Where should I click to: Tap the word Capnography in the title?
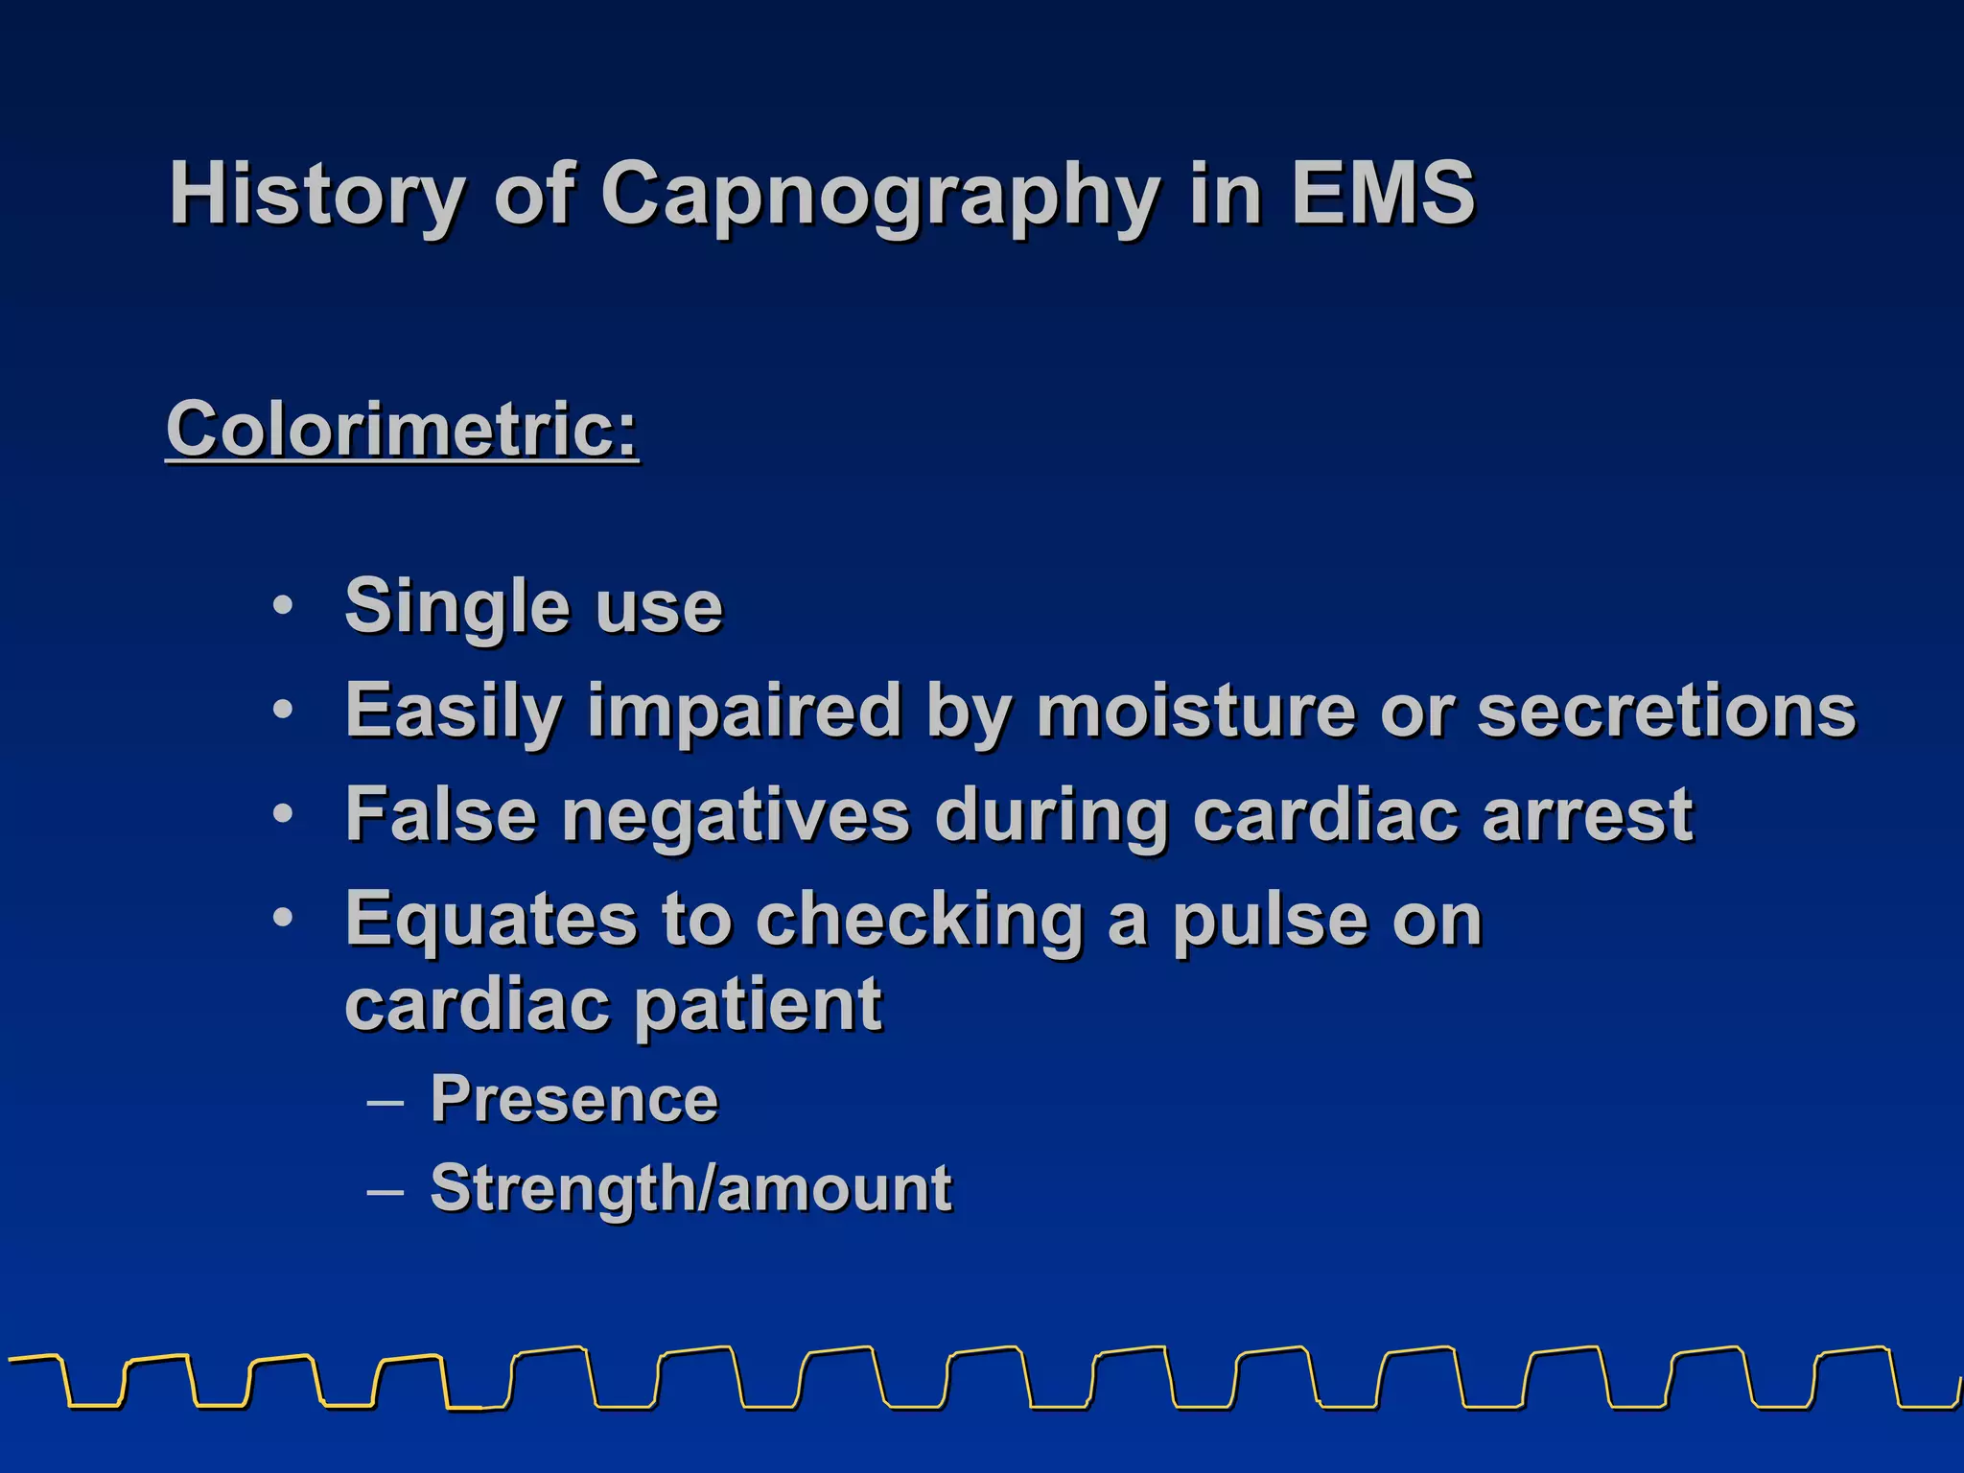coord(880,195)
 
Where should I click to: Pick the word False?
coord(440,814)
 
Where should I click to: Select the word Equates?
coord(490,919)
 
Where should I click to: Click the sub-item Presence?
coord(573,1099)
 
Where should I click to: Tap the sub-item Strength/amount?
coord(690,1189)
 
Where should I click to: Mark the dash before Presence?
coord(385,1102)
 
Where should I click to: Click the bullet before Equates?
coord(283,918)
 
